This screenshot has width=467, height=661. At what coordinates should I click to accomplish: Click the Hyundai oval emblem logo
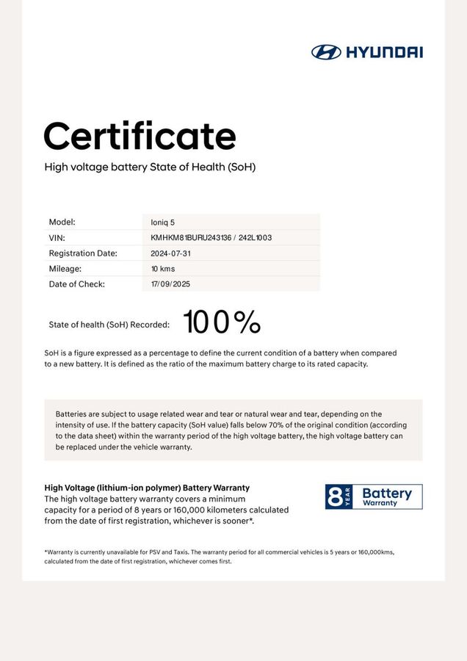325,51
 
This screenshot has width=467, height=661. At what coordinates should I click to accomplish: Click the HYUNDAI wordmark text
384,51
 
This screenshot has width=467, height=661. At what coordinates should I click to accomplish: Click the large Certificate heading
140,136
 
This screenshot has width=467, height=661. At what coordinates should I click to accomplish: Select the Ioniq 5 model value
163,222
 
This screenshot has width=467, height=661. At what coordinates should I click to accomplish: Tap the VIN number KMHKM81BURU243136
191,238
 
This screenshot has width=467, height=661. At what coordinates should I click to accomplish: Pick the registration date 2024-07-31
170,253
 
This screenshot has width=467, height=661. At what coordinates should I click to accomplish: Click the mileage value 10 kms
163,269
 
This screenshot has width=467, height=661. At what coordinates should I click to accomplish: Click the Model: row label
62,222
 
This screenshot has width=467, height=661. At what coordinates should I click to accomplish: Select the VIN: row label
57,238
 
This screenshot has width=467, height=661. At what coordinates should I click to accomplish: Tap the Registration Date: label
83,253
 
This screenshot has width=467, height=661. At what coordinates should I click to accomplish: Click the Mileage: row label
65,269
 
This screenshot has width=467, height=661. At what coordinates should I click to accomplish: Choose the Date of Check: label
77,284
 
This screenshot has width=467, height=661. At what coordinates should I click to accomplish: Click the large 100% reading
222,322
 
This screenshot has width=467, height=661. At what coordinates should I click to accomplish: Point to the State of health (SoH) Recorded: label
109,324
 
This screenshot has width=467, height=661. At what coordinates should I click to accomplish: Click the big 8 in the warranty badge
335,497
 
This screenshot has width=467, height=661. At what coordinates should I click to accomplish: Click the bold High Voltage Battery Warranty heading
147,488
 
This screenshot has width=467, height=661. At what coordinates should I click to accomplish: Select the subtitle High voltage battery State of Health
150,167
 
